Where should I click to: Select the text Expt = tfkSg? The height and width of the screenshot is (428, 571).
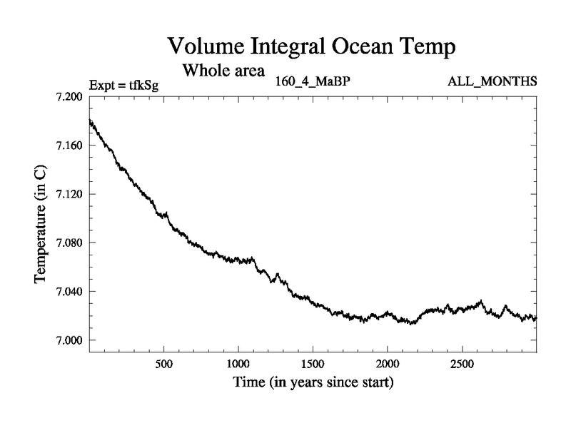click(123, 86)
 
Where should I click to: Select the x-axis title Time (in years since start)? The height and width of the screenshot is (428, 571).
click(313, 382)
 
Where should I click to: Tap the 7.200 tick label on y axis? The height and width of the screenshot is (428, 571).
click(69, 96)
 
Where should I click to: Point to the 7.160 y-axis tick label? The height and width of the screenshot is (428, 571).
click(69, 146)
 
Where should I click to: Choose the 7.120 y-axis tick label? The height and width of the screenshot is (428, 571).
click(69, 194)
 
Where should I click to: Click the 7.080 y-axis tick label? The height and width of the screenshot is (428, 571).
click(69, 243)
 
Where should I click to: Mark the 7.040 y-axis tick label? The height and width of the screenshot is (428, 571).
click(69, 291)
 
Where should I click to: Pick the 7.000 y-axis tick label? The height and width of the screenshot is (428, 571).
click(69, 340)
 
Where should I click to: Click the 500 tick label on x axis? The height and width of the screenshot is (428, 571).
click(164, 361)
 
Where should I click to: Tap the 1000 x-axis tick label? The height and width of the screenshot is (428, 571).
click(238, 361)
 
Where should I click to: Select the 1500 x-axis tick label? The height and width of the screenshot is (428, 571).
click(313, 361)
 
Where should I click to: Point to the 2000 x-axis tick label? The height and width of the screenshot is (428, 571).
click(387, 361)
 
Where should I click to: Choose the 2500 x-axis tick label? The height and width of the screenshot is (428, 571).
click(461, 361)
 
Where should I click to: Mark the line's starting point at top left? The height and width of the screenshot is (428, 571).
click(90, 121)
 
